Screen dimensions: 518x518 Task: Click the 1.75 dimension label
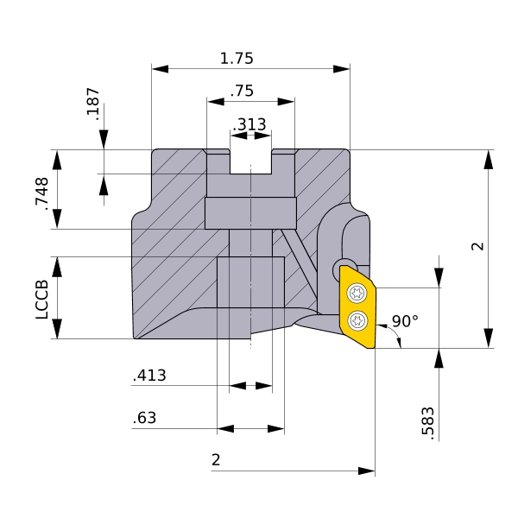tap(237, 59)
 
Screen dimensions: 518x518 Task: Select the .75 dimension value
tap(242, 91)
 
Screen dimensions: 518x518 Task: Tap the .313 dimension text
tap(250, 124)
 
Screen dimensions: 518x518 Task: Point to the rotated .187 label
tap(93, 104)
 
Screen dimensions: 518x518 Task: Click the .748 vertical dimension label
tap(42, 194)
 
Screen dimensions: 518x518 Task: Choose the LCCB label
tap(42, 300)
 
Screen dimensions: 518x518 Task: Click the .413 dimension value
tap(149, 376)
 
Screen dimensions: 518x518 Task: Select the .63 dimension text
tap(144, 418)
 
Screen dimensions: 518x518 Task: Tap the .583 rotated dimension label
tap(428, 424)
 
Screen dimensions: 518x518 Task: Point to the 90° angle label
tap(405, 321)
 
